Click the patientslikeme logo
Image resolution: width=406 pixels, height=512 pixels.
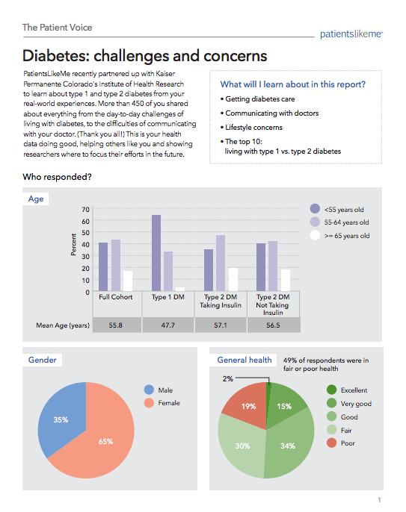351,34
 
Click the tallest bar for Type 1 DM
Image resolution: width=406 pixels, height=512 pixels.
156,253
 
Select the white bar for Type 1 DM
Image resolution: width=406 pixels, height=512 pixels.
180,289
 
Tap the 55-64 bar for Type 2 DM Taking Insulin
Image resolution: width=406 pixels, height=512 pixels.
221,263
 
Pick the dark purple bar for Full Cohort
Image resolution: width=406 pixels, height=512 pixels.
103,266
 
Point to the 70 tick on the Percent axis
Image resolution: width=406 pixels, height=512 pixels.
85,209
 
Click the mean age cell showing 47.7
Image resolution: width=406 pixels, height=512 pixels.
167,325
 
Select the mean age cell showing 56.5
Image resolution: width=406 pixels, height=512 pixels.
273,325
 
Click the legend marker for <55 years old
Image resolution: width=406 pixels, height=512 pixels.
315,208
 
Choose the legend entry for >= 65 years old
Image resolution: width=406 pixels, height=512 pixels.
339,235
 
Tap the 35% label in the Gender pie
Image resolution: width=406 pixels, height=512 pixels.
61,419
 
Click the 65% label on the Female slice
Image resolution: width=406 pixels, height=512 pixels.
105,442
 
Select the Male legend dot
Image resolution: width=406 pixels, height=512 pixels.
149,390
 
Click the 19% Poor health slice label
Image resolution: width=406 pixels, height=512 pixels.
249,406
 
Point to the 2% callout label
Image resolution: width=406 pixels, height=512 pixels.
228,379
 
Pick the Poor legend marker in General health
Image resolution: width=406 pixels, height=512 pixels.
331,443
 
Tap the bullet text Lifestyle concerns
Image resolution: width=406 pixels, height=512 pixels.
253,128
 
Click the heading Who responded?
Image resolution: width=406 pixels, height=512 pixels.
58,177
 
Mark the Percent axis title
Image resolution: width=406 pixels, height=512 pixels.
73,244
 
